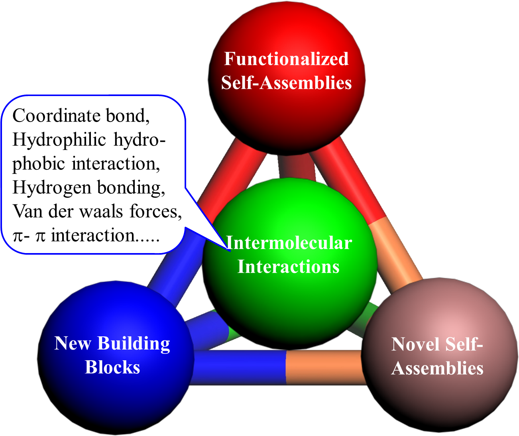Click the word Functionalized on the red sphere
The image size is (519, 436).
[286, 59]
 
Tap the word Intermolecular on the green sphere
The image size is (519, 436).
[289, 243]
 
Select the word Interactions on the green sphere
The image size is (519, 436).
[288, 267]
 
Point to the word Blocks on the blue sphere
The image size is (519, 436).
[112, 367]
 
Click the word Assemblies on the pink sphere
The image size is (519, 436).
[437, 368]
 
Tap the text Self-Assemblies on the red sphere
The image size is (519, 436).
[286, 83]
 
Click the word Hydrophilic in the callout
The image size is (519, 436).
[59, 140]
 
